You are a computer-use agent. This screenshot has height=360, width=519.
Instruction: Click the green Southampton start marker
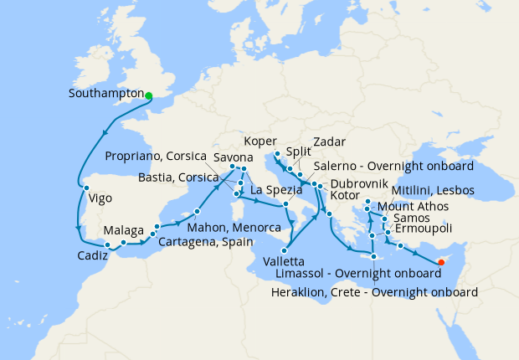point(149,96)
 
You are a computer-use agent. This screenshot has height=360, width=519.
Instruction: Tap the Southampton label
point(106,95)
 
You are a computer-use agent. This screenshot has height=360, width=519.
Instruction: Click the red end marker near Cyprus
point(441,263)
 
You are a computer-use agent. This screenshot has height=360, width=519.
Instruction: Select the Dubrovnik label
point(358,183)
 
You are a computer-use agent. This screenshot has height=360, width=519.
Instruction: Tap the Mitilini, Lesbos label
point(433,191)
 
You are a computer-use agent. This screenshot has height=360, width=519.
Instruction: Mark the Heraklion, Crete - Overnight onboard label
point(375,292)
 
